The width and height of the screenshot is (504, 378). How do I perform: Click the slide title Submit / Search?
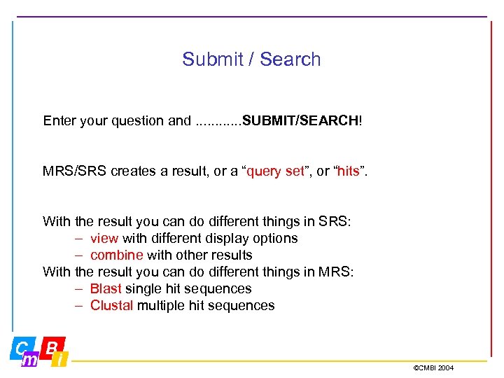(x=251, y=59)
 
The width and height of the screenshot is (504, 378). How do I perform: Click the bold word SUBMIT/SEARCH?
(x=302, y=121)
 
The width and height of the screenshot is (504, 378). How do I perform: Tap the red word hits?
(x=348, y=171)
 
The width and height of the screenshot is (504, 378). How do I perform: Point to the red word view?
(x=104, y=239)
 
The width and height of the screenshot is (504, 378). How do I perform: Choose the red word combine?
(x=117, y=255)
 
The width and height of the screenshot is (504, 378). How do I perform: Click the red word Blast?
(x=106, y=289)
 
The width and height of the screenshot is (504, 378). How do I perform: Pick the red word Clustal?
(x=111, y=306)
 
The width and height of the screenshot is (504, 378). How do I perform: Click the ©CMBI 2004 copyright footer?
(x=433, y=367)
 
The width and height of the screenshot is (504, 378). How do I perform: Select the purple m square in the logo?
(x=29, y=359)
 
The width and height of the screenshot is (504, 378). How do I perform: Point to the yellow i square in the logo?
(x=60, y=360)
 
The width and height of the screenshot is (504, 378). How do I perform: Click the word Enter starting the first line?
(x=59, y=121)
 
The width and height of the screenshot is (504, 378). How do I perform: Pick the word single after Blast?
(x=141, y=289)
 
